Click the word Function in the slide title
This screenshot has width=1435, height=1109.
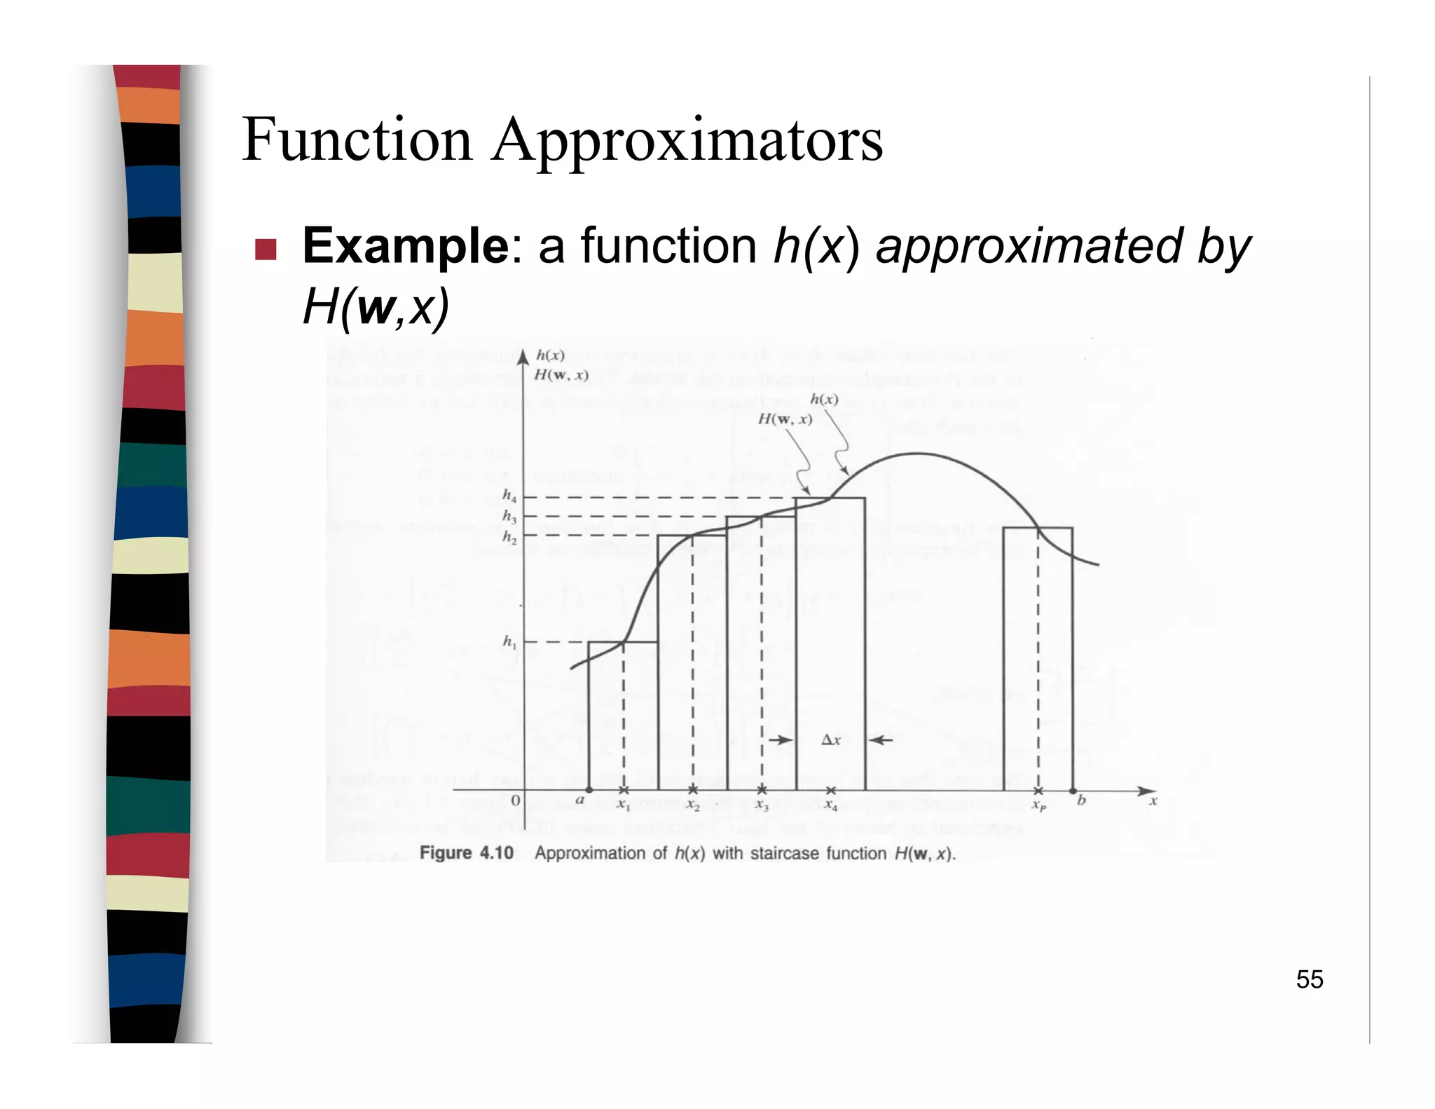tap(357, 140)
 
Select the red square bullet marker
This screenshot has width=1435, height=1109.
tap(266, 249)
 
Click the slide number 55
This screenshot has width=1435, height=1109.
tap(1309, 979)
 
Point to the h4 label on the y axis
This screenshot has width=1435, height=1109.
tap(509, 496)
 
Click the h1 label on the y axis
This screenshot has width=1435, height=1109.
tap(509, 641)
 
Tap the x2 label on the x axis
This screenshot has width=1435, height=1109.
tap(693, 806)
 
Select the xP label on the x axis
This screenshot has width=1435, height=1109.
tap(1038, 806)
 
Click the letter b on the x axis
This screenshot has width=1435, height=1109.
tap(1081, 801)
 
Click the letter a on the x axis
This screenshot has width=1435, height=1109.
tap(579, 801)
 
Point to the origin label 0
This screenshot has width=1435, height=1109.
tap(516, 801)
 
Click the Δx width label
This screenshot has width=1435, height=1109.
tap(830, 740)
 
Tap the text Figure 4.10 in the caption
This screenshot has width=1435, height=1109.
tap(466, 853)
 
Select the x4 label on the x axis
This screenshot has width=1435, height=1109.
tap(831, 806)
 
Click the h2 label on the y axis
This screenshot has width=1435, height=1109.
tap(509, 538)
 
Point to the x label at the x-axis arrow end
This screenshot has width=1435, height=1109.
tap(1153, 801)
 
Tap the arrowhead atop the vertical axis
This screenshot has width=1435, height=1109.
tap(523, 358)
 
